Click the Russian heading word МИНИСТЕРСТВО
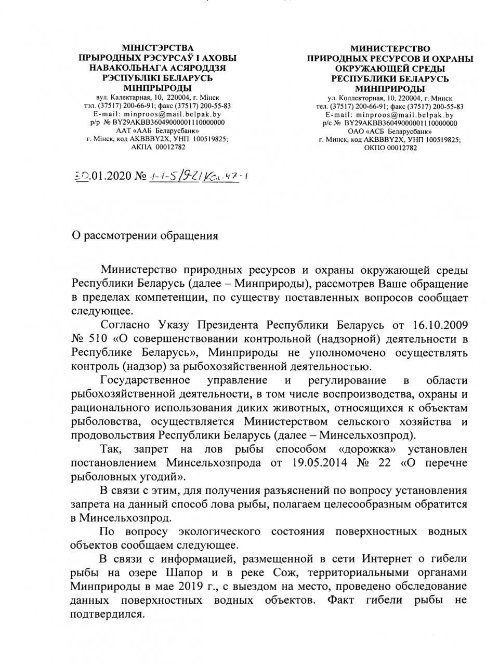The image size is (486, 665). point(390,48)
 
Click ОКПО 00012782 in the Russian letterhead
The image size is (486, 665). point(390,148)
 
